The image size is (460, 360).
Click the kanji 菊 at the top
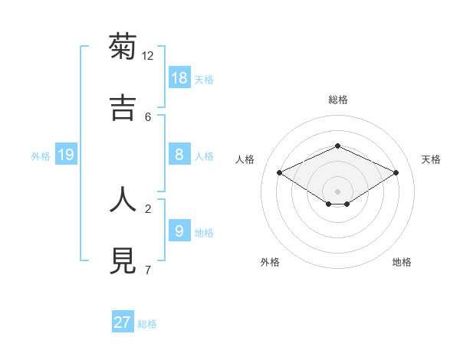tap(123, 47)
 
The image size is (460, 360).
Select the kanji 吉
tap(123, 108)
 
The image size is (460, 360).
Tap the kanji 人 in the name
tap(123, 199)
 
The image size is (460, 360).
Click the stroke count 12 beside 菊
tap(148, 56)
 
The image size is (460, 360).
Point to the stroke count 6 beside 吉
tap(148, 116)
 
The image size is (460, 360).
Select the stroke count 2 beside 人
tap(148, 208)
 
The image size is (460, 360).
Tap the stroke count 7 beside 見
tap(148, 270)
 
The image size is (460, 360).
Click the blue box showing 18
tap(179, 77)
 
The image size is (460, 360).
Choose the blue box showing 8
tap(179, 155)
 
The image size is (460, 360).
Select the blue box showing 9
tap(179, 231)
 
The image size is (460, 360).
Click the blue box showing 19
tap(66, 155)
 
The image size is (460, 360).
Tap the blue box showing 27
tap(123, 322)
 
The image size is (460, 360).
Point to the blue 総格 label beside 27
tap(147, 324)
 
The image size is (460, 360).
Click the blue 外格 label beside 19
tap(41, 156)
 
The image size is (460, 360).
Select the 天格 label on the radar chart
tap(431, 159)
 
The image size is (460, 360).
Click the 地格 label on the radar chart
tap(402, 262)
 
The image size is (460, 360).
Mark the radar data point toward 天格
tap(396, 173)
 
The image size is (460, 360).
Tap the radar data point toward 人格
tap(280, 173)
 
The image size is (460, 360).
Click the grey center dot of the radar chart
tap(337, 191)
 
